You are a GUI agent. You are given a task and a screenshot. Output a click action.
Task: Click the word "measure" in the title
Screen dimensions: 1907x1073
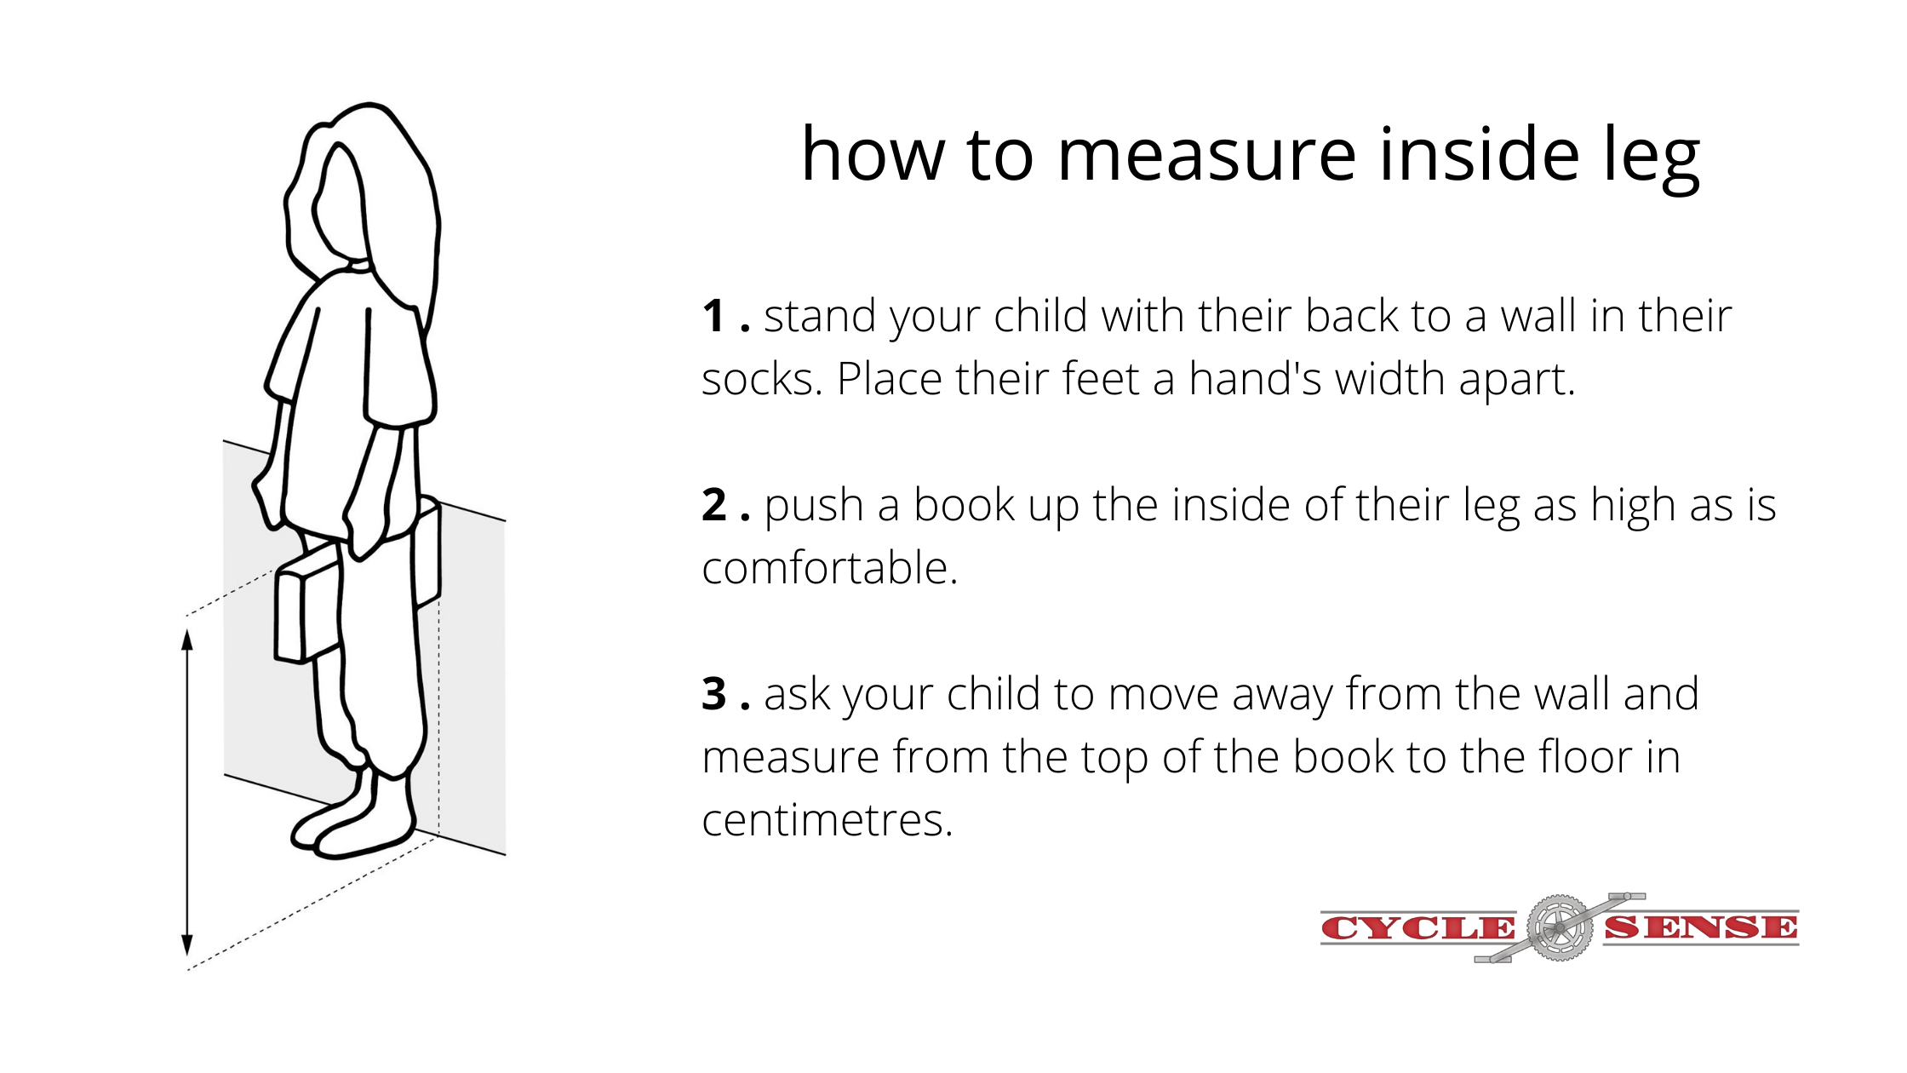[x=1206, y=155]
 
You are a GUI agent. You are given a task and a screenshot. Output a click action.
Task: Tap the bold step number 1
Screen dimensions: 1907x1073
[x=713, y=316]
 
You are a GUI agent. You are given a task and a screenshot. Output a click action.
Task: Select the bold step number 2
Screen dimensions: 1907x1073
[x=714, y=505]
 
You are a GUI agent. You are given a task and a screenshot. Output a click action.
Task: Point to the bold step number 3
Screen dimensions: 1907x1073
[x=714, y=694]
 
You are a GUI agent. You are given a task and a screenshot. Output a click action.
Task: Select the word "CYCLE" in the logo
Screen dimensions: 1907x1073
[x=1417, y=928]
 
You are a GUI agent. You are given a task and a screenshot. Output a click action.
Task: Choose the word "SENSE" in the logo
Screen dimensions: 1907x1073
[x=1701, y=927]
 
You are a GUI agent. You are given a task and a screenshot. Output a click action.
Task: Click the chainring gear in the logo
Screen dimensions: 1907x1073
[x=1560, y=928]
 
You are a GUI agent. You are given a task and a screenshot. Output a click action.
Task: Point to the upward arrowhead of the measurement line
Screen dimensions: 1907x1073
[x=187, y=639]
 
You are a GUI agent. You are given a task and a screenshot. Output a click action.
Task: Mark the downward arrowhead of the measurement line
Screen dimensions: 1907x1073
[x=187, y=945]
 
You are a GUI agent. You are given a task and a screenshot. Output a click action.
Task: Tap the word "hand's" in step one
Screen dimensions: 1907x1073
[x=1256, y=379]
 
